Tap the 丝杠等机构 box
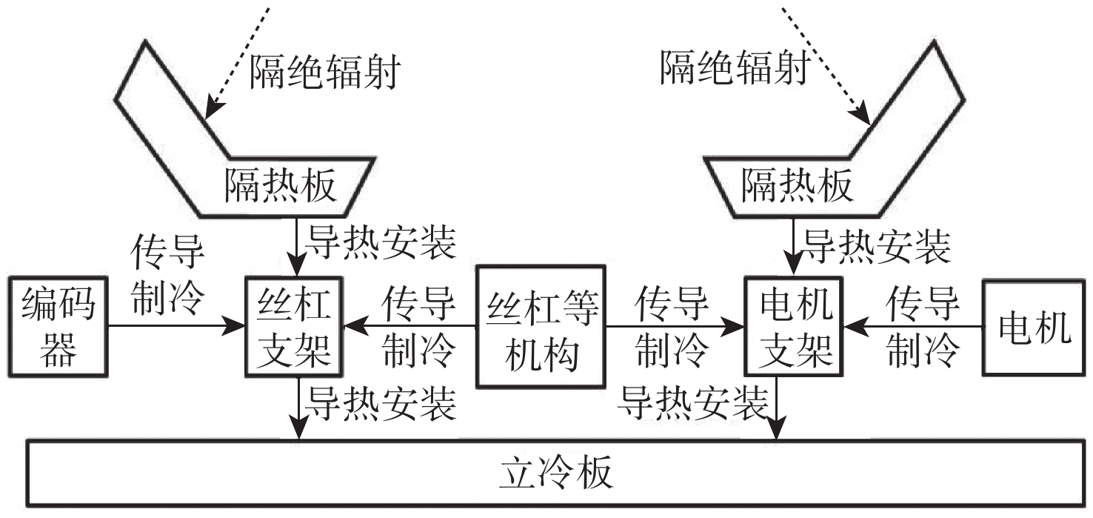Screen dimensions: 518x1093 (x=540, y=326)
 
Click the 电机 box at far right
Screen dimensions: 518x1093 (x=1034, y=326)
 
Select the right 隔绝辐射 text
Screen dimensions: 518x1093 (x=733, y=68)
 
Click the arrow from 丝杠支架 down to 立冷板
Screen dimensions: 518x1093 (x=298, y=408)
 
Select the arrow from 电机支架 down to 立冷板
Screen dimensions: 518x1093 (x=776, y=408)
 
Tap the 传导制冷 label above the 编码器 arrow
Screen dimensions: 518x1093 (x=166, y=275)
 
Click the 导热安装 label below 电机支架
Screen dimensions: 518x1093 (x=694, y=404)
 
